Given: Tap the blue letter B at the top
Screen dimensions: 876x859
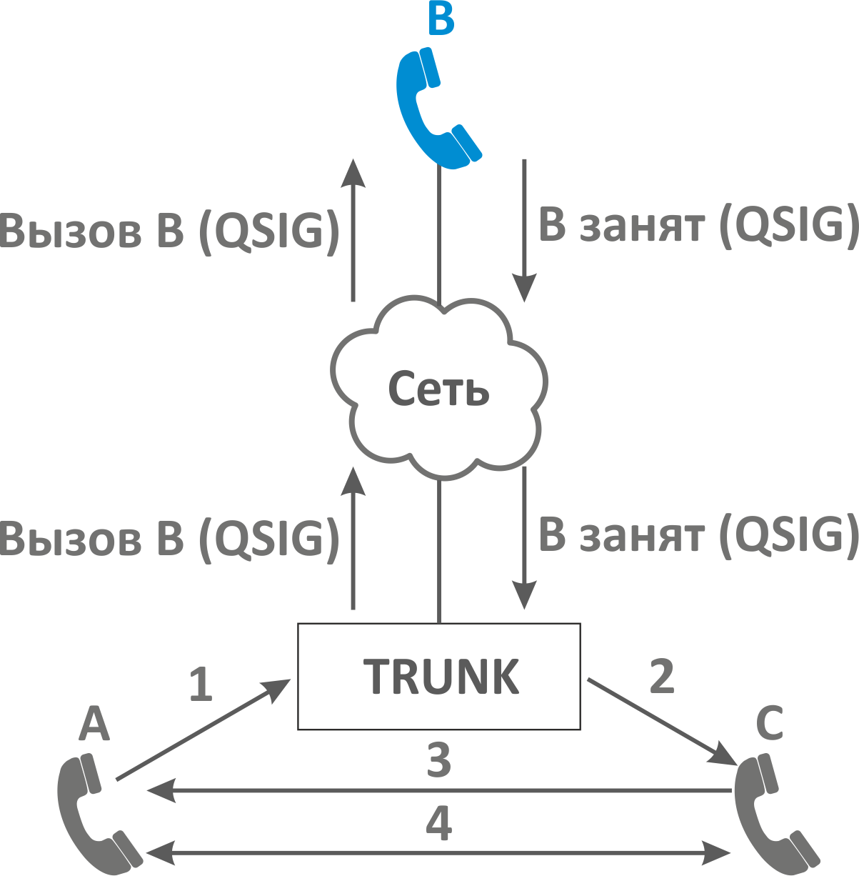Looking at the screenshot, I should coord(441,20).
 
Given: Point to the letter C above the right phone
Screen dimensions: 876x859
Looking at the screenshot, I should coord(770,723).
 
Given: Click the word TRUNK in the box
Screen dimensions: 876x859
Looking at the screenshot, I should coord(441,677).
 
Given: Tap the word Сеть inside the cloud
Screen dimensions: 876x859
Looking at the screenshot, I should coord(438,389).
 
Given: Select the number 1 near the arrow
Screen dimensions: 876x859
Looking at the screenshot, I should coord(201,684).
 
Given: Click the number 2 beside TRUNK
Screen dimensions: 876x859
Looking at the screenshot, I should coord(662,676).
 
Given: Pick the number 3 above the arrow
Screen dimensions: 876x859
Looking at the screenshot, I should coord(438,760).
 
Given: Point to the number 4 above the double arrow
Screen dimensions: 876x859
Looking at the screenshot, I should coord(438,824).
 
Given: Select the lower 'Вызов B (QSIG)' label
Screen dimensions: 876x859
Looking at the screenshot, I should coord(169,538).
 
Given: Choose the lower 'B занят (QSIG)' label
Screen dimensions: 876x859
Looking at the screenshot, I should coord(698,535).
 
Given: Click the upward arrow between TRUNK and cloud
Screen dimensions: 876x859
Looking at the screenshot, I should coord(353,539).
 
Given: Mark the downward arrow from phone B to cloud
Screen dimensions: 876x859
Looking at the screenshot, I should coord(525,229).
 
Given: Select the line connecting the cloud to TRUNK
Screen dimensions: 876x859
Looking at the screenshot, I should coord(439,550).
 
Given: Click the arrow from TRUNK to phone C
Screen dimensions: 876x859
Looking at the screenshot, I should coord(660,722).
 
